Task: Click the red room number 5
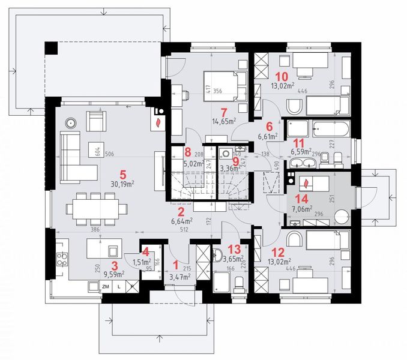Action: click(x=122, y=175)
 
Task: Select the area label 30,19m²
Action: click(x=122, y=184)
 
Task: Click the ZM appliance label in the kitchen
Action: click(x=106, y=287)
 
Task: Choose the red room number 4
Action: click(x=145, y=251)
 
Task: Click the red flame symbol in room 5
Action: click(x=158, y=122)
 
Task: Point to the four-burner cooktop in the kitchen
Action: click(x=61, y=260)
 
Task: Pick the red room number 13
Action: click(x=235, y=249)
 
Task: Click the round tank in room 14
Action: click(x=340, y=218)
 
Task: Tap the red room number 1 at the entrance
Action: click(x=176, y=264)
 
